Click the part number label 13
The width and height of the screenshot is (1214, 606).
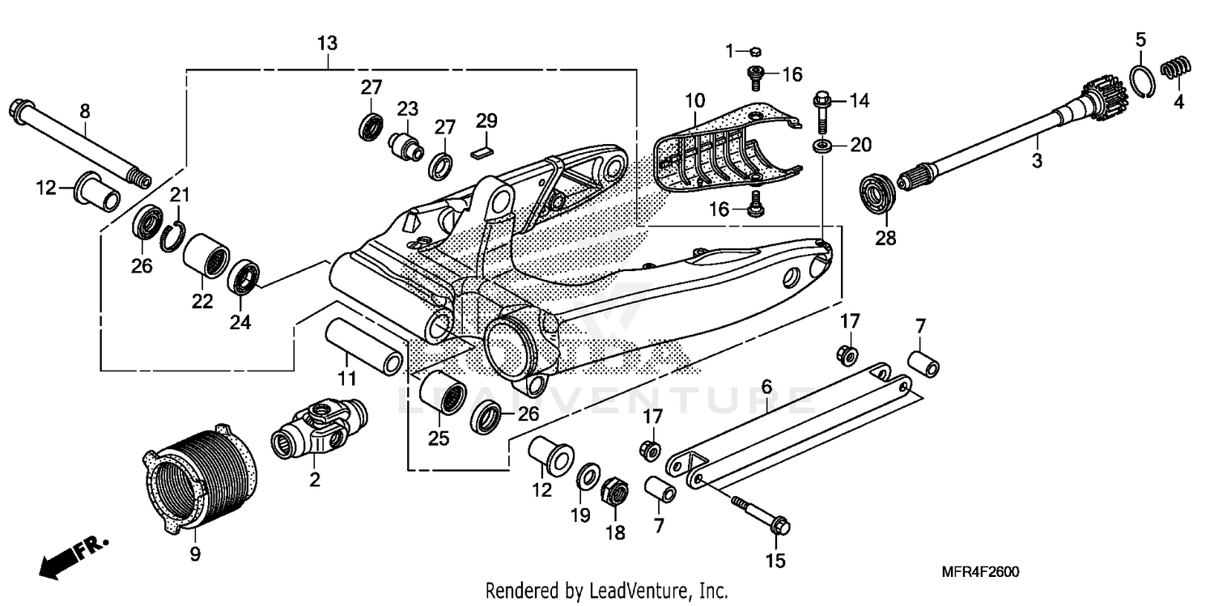[x=327, y=43]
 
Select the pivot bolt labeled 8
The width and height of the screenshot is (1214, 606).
[x=78, y=141]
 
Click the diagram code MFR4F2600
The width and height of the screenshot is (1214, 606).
[x=980, y=572]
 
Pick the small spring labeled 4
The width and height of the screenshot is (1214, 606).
[x=1178, y=70]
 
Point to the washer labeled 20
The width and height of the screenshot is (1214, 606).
[x=824, y=146]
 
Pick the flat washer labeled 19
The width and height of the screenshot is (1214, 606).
[x=588, y=477]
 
